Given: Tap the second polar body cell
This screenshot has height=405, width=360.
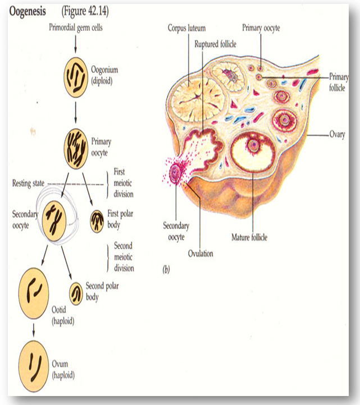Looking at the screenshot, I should pos(75,293).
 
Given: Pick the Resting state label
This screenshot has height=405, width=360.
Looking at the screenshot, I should pos(29,183).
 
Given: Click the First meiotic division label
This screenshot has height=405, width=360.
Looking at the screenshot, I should pos(124,183).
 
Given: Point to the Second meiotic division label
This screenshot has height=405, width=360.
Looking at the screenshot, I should pos(124,257).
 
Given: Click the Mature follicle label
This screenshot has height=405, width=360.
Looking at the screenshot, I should pos(249,237).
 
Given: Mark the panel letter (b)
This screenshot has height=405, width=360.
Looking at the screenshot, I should pos(166,270).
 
